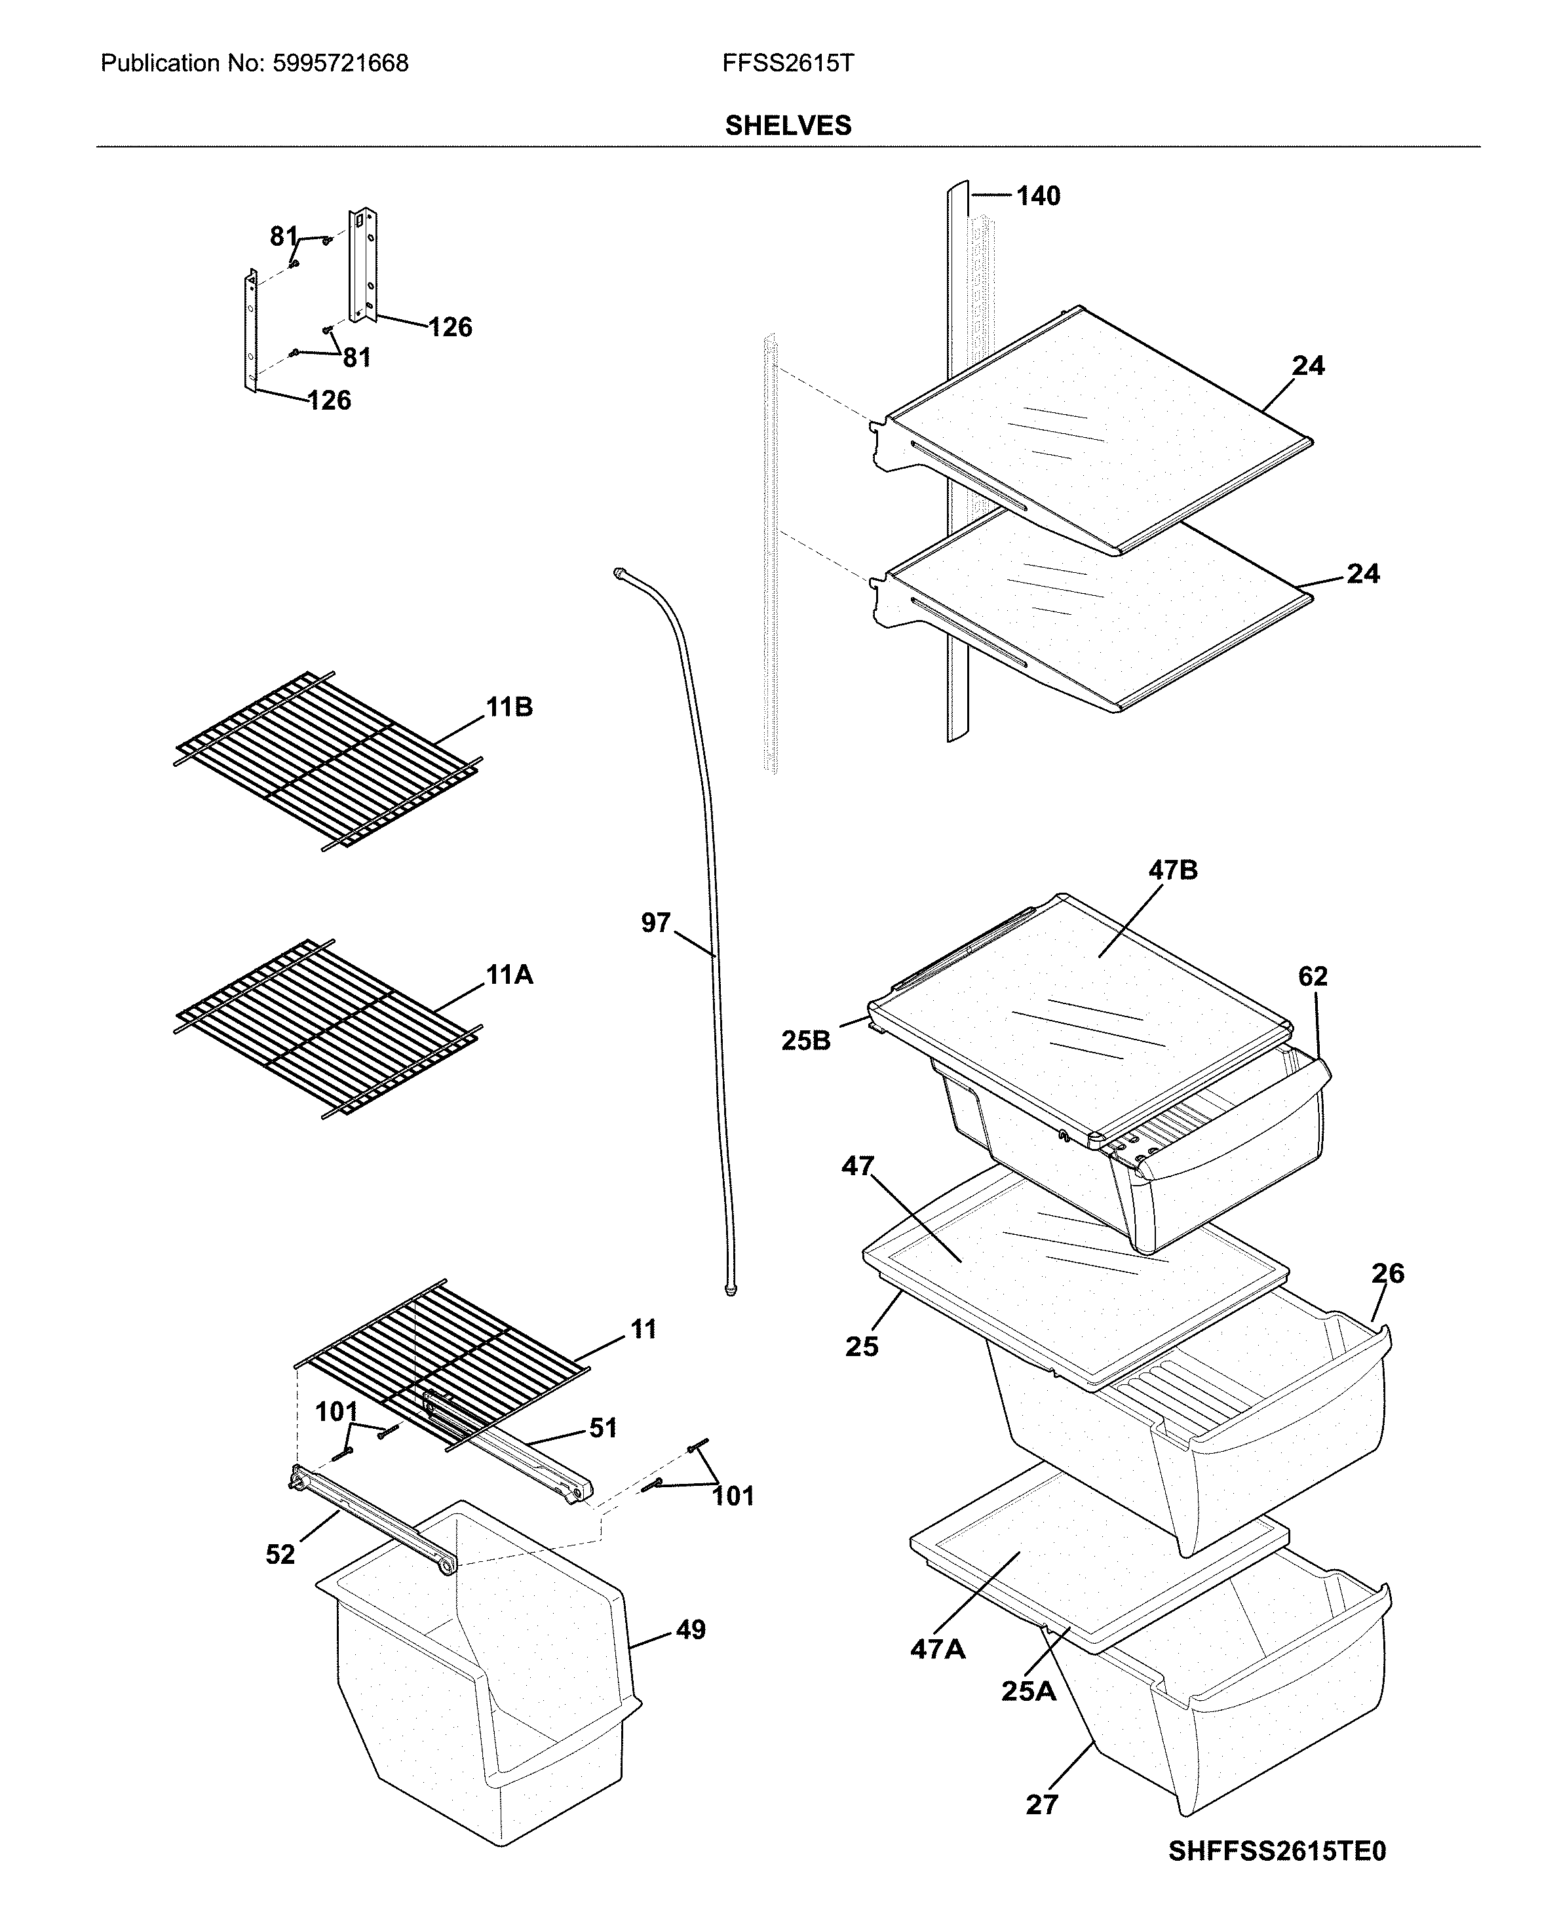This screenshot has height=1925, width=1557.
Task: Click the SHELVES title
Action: tap(788, 126)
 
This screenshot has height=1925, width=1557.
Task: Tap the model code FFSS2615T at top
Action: tap(788, 64)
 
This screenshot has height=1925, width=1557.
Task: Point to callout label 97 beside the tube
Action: tap(655, 922)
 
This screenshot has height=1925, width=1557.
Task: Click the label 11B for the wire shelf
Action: tap(509, 708)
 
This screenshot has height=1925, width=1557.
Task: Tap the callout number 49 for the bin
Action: tap(690, 1630)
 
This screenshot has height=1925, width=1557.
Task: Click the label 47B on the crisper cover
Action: tap(1172, 870)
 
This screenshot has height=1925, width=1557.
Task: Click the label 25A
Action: tap(1029, 1691)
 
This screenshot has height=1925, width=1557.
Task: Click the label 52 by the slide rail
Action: tap(280, 1555)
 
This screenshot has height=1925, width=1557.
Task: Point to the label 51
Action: tap(603, 1428)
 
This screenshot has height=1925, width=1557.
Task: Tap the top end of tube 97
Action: tap(619, 572)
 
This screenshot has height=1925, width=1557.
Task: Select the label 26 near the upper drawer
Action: tap(1387, 1273)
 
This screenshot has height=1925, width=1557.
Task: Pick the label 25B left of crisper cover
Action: tap(805, 1041)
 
